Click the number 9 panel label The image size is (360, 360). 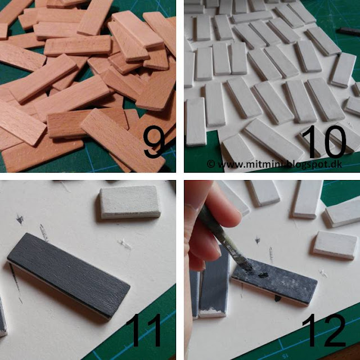pyautogui.click(x=154, y=142)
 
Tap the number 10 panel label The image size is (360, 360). pyautogui.click(x=324, y=142)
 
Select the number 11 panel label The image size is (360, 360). pyautogui.click(x=144, y=330)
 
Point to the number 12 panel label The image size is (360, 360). pyautogui.click(x=324, y=330)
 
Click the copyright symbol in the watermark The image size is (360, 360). pyautogui.click(x=211, y=164)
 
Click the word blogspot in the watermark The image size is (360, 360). pyautogui.click(x=308, y=164)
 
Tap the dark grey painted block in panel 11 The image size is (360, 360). pyautogui.click(x=69, y=275)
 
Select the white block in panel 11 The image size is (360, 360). pyautogui.click(x=130, y=202)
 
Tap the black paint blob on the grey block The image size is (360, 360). pyautogui.click(x=264, y=274)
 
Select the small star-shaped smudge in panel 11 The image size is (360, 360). pyautogui.click(x=20, y=219)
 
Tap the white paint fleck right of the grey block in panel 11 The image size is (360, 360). pyautogui.click(x=125, y=244)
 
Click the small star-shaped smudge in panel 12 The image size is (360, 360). pyautogui.click(x=258, y=240)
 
